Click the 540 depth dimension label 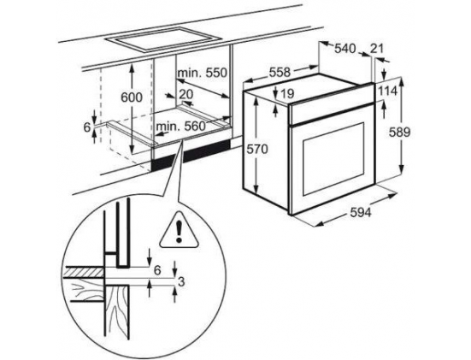click(344, 49)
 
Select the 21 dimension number click(377, 48)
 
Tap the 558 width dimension click(280, 72)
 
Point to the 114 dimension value click(387, 91)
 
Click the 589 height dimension click(399, 132)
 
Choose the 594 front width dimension click(361, 212)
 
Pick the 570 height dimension click(256, 149)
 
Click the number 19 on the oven click(287, 94)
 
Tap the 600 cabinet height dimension click(132, 97)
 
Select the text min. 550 click(202, 73)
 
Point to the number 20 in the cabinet click(186, 94)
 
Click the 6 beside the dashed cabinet click(87, 127)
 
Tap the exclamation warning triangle click(180, 230)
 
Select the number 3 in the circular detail click(181, 282)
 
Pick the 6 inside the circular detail click(157, 270)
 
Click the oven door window click(333, 159)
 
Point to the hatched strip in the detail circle click(84, 273)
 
